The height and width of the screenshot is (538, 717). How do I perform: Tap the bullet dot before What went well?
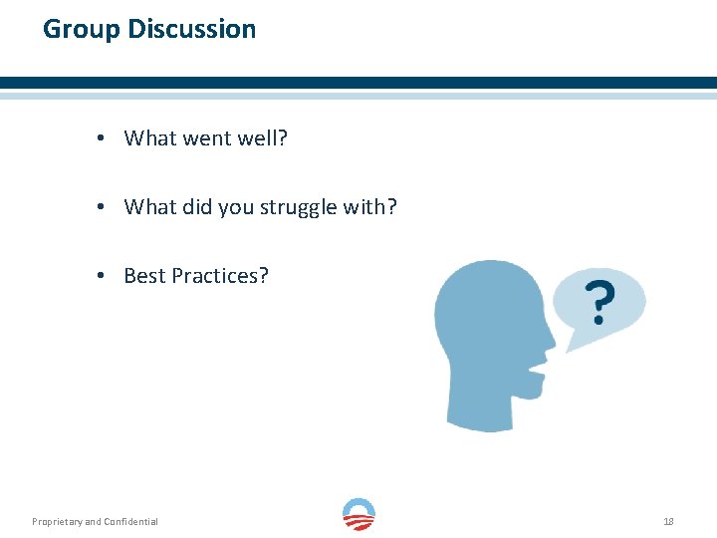[x=103, y=138]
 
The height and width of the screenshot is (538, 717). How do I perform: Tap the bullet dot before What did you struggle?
[x=103, y=207]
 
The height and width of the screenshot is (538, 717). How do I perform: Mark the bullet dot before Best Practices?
[x=103, y=276]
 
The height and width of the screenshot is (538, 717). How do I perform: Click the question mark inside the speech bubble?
[x=598, y=303]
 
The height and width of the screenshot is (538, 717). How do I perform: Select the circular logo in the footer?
[x=358, y=515]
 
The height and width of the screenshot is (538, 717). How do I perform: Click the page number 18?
[x=668, y=521]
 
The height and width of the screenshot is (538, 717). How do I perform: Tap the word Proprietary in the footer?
[x=57, y=521]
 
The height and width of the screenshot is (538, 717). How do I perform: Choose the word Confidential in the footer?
[x=130, y=521]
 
